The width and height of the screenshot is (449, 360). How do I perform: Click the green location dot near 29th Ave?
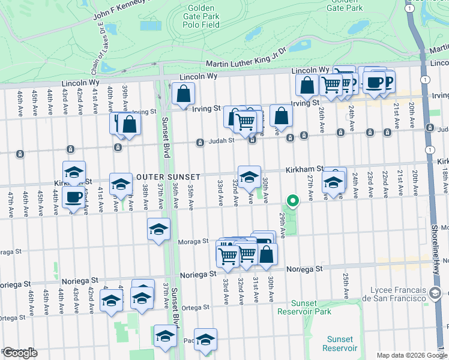[x=292, y=202]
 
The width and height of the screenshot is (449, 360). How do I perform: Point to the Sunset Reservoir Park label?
[x=312, y=307]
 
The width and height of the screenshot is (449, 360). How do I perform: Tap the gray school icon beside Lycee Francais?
[x=436, y=294]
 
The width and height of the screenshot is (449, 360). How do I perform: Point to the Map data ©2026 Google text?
[x=412, y=355]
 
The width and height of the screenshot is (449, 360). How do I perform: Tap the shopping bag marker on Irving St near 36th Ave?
[x=183, y=94]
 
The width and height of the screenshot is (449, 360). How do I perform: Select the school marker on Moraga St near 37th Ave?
[x=159, y=230]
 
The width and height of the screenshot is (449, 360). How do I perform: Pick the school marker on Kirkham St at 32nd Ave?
[x=249, y=177]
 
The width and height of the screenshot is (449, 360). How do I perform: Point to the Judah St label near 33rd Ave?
[x=209, y=142]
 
